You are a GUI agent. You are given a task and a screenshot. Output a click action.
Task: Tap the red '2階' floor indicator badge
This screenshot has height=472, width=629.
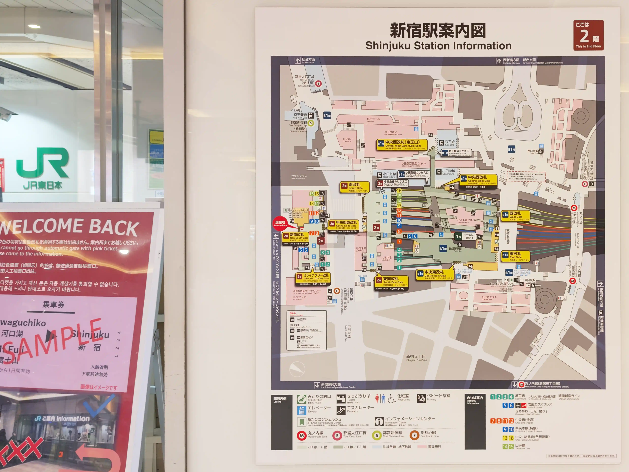[588, 35]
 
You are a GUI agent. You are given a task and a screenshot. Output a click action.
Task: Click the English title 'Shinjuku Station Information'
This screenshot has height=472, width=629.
[438, 46]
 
